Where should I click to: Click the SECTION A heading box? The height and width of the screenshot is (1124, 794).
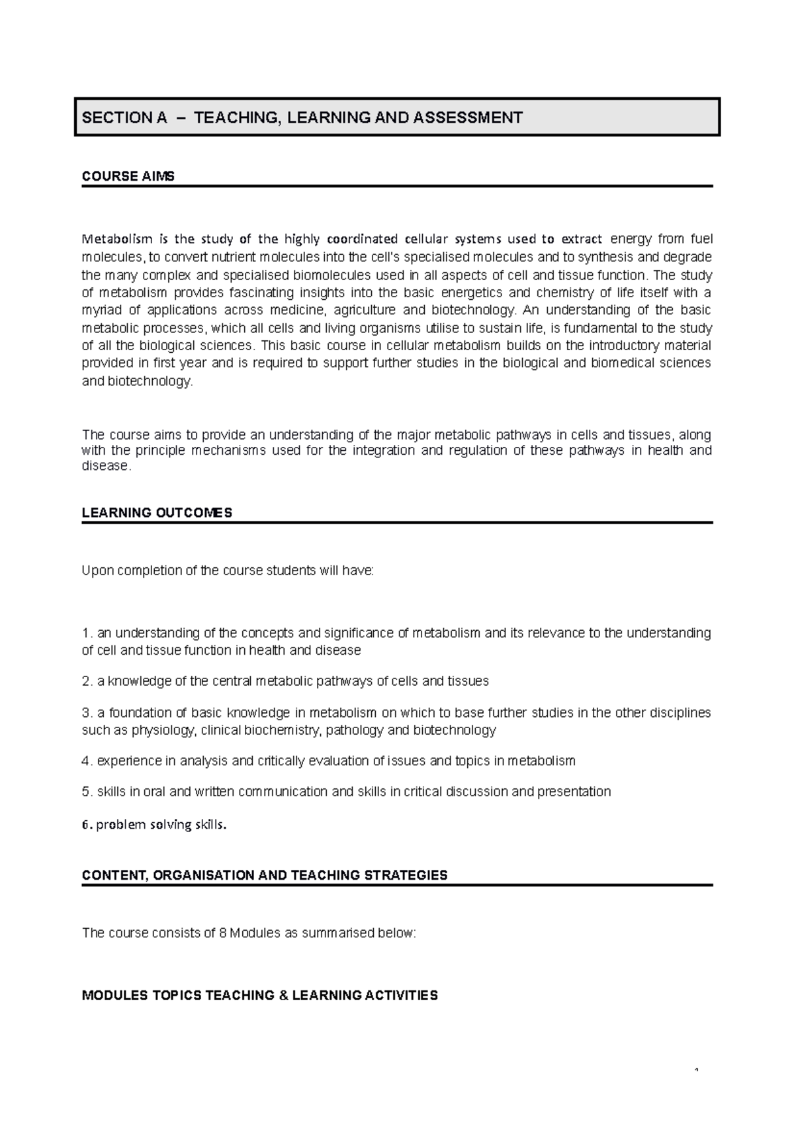pos(397,118)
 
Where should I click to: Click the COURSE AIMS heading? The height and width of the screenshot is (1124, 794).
pos(128,177)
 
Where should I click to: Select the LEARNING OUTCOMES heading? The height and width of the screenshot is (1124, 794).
pos(157,513)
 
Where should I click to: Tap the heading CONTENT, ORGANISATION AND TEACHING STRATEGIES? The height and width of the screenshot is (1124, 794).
pos(264,875)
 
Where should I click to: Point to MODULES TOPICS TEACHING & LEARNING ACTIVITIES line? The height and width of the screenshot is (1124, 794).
pos(259,996)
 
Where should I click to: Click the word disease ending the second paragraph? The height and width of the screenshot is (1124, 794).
pos(105,466)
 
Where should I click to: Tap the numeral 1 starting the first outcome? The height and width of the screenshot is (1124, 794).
pos(85,633)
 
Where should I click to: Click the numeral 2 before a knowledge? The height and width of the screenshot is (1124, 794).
pos(85,681)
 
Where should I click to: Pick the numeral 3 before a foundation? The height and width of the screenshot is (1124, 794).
pos(85,713)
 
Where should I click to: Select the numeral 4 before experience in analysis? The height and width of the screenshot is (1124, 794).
pos(85,761)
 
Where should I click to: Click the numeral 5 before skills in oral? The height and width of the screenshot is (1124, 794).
pos(85,792)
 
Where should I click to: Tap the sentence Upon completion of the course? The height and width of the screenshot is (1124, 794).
pos(227,571)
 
